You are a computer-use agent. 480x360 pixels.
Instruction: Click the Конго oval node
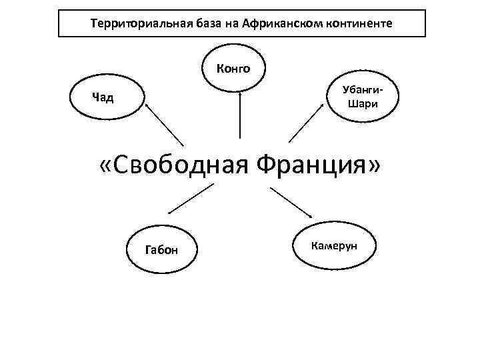tap(233, 67)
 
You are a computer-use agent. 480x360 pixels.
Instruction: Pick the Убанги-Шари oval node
tap(363, 97)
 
